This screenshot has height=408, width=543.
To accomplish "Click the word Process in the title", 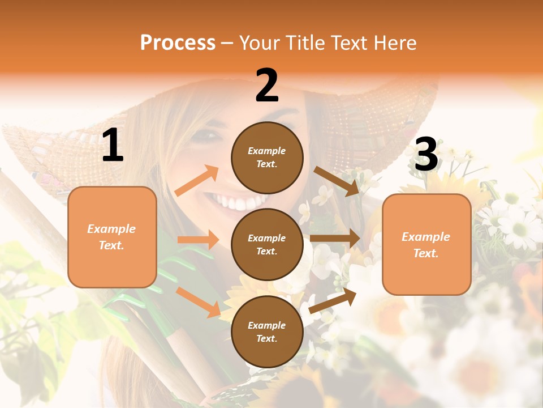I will point(178,42).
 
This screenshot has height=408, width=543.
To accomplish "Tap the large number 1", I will point(113,146).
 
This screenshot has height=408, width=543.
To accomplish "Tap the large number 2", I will point(267,86).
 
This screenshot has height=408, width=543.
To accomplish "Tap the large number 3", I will point(426,155).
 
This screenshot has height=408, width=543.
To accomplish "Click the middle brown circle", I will point(267,244).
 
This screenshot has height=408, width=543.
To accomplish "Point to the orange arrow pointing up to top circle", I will point(197,181).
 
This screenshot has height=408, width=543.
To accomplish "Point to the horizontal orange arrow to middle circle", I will point(198,240).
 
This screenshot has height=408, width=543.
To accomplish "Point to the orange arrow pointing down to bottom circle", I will point(199,302).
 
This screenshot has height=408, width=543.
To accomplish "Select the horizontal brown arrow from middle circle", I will point(335,239).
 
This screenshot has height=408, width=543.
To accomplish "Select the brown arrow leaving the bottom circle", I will point(333,301).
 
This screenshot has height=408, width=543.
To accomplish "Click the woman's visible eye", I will point(209,136).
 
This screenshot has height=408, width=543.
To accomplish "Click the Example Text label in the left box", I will point(112,237).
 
